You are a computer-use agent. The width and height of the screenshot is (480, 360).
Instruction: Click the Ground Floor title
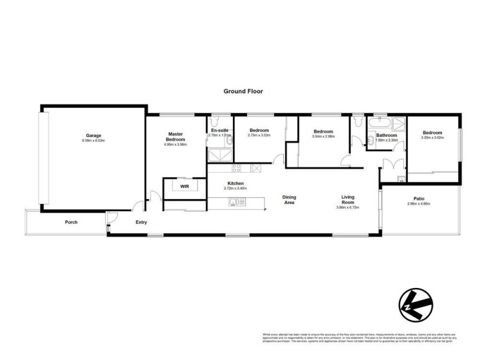tap(243, 92)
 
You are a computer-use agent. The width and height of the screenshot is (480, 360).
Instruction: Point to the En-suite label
tap(219, 130)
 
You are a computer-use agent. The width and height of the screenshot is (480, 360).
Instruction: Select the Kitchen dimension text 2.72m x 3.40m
tap(235, 189)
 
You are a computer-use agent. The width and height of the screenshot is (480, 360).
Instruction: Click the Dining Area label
tap(290, 200)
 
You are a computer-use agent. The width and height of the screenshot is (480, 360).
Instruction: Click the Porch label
tap(71, 223)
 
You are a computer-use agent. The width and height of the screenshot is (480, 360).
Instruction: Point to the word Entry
tap(141, 223)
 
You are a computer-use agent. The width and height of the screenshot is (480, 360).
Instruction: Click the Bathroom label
tap(386, 136)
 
